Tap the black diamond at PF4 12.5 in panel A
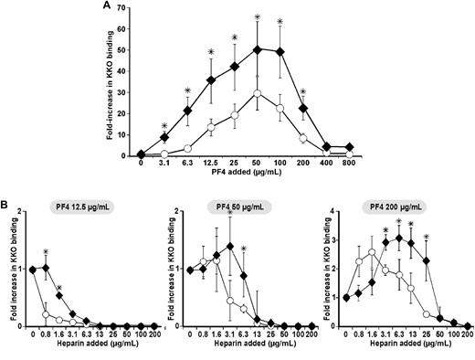211,80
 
